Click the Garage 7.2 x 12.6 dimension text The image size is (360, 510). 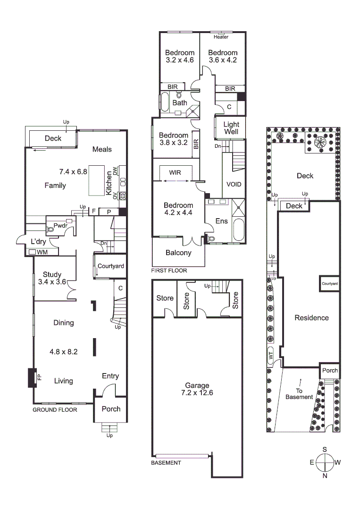click(x=197, y=392)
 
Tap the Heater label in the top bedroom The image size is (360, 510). click(x=221, y=37)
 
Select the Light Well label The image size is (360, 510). click(x=231, y=128)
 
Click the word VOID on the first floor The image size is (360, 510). click(x=234, y=184)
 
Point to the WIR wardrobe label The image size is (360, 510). click(x=175, y=172)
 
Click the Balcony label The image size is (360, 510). click(x=178, y=253)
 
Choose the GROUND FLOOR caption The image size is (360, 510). click(x=55, y=410)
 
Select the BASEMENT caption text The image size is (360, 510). click(x=166, y=463)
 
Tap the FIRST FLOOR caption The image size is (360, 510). click(x=169, y=271)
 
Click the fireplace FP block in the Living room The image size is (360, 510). click(x=32, y=377)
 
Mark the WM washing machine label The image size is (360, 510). click(x=42, y=252)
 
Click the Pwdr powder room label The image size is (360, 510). click(x=60, y=226)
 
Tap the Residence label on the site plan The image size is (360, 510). click(x=311, y=318)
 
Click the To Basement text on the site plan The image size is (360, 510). click(x=299, y=394)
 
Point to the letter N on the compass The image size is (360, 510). click(x=325, y=476)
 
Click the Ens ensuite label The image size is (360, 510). click(x=221, y=221)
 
